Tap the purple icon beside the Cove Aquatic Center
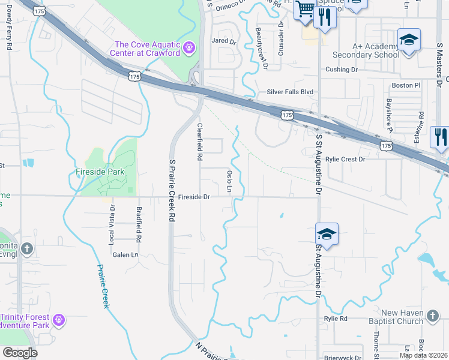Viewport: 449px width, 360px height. [x=189, y=47]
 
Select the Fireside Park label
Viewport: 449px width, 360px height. [x=100, y=172]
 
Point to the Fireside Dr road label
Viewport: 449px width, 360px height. [x=193, y=197]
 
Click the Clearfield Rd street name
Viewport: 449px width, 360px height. [x=200, y=142]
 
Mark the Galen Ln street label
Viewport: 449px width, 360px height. [x=125, y=254]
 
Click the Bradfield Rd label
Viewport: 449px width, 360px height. [x=139, y=224]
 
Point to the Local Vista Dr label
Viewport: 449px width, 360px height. [x=111, y=228]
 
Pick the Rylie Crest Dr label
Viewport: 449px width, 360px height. [x=345, y=160]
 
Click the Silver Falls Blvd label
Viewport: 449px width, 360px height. [x=291, y=92]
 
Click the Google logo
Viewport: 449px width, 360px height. [x=20, y=353]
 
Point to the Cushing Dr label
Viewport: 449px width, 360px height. [x=341, y=70]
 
